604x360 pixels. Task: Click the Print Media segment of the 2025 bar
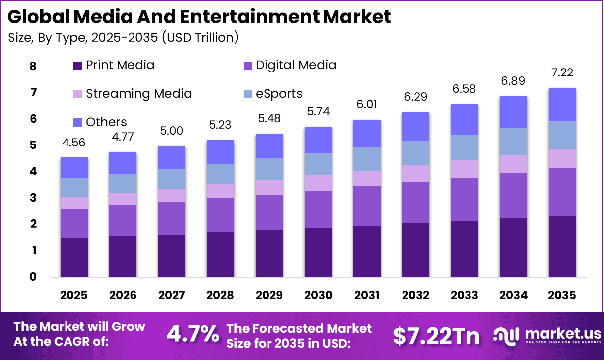[74, 257]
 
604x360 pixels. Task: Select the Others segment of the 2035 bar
[562, 104]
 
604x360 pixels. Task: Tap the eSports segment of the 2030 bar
[318, 164]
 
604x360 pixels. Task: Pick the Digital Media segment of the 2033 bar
[464, 199]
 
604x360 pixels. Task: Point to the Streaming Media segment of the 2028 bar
[220, 191]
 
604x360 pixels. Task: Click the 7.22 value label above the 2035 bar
[562, 73]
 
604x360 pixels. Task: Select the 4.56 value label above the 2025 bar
[74, 143]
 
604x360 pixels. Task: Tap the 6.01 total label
[367, 105]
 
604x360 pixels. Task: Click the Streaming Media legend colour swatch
[77, 94]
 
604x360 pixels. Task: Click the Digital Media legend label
[296, 65]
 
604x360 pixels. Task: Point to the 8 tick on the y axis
[33, 66]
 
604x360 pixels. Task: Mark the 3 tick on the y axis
[33, 198]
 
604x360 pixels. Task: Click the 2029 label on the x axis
[269, 295]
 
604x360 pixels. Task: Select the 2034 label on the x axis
[513, 295]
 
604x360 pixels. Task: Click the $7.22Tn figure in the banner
[436, 336]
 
